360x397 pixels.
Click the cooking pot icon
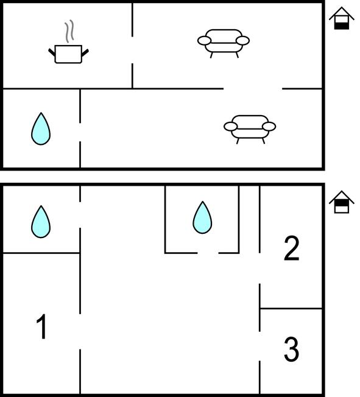(x=68, y=54)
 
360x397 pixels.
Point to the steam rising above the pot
(x=69, y=31)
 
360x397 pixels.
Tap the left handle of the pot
(x=52, y=52)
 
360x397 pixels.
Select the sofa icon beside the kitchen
(x=224, y=44)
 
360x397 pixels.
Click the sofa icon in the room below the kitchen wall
(x=250, y=129)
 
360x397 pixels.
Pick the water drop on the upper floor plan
(x=41, y=128)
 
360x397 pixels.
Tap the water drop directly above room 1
(x=41, y=222)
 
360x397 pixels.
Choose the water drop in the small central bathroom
(x=202, y=217)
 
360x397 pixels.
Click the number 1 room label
(x=41, y=326)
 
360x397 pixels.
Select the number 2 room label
(x=291, y=248)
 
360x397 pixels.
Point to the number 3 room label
(x=291, y=350)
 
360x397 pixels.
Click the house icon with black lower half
(x=342, y=18)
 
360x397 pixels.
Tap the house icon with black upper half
(x=342, y=202)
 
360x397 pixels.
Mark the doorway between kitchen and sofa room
(x=132, y=50)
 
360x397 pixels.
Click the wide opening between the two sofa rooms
(x=253, y=89)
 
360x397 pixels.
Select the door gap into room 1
(x=80, y=332)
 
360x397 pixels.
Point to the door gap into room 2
(x=259, y=268)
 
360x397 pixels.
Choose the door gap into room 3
(x=259, y=346)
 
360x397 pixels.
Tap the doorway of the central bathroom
(x=208, y=253)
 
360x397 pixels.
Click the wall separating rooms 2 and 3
(x=291, y=308)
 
